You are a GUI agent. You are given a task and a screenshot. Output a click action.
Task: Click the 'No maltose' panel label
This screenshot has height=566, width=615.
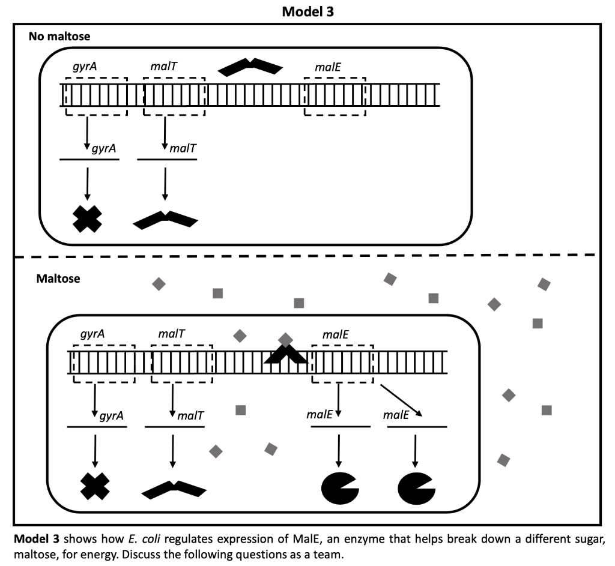59,37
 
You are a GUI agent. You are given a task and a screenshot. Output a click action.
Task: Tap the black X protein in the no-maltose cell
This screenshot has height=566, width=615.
87,219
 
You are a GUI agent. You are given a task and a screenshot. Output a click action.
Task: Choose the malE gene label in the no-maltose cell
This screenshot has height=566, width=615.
328,67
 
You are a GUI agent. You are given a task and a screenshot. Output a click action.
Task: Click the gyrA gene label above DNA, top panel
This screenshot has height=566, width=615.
82,67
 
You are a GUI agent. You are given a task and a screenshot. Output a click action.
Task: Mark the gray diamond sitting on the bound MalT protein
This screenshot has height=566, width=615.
286,340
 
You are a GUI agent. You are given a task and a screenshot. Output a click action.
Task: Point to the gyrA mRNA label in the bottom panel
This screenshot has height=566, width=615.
112,415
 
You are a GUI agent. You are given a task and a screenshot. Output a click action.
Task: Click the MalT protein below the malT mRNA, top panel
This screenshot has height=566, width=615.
165,220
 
